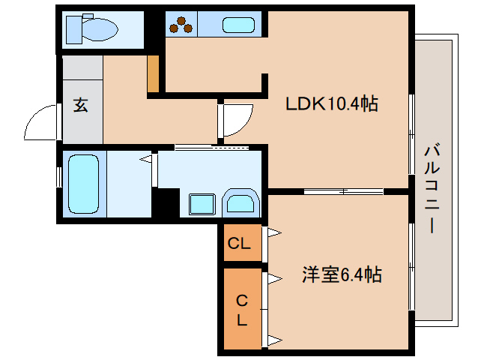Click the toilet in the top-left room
coord(92,30)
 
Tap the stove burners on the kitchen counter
coord(181,26)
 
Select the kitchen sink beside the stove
coord(238,25)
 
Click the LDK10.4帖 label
coord(331,104)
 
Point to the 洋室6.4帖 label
coord(342,275)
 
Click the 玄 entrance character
coord(80,105)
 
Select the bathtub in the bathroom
coord(83,184)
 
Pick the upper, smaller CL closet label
coord(239,244)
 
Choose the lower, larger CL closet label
coord(241,309)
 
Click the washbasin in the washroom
coord(240,203)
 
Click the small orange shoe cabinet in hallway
coord(153,73)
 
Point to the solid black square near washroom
coord(166,202)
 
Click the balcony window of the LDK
coord(411,134)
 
